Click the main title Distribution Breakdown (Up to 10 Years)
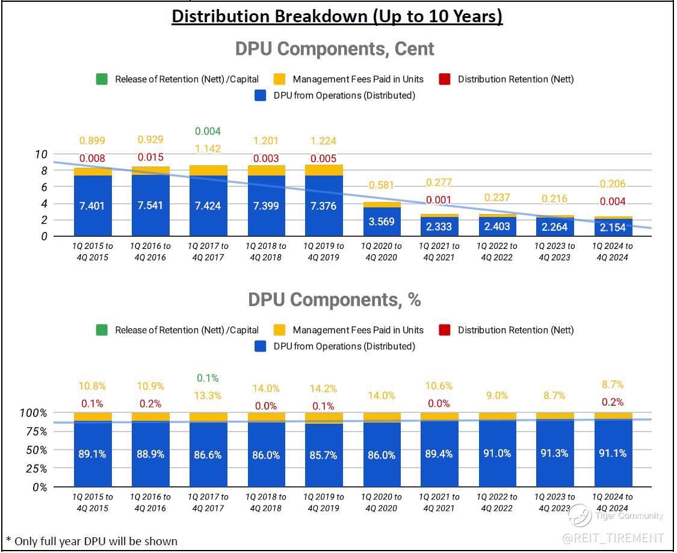337,16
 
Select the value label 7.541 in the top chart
151,206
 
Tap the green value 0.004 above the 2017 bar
208,131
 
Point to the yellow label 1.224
324,141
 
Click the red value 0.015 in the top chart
151,159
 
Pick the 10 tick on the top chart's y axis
41,154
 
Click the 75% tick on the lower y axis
36,432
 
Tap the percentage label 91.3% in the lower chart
554,453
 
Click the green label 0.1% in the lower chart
208,379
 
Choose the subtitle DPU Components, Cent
335,49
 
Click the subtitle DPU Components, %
335,299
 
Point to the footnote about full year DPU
91,541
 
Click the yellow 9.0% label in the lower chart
497,396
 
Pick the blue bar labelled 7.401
93,206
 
